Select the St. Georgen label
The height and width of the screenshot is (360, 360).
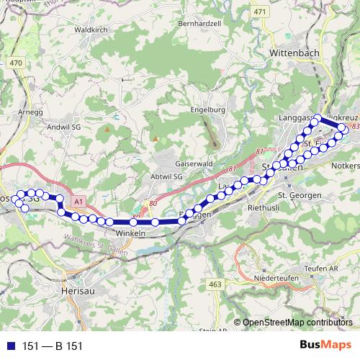pos(297,195)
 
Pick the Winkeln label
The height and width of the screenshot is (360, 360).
pos(130,233)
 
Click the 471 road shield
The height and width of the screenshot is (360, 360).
pos(259,12)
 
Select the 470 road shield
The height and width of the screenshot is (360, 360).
pos(16,63)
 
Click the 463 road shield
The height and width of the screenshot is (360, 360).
pos(215,285)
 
